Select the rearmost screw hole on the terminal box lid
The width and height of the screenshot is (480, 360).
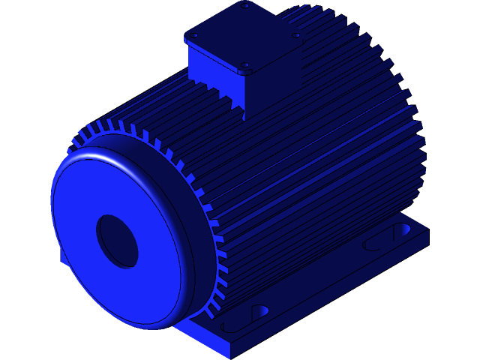point(245,6)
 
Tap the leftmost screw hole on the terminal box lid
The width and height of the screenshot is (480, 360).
point(194,35)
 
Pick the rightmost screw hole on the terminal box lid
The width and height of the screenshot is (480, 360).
point(296,35)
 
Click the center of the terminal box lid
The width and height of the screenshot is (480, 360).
point(245,36)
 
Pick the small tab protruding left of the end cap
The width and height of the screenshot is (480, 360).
point(64,256)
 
